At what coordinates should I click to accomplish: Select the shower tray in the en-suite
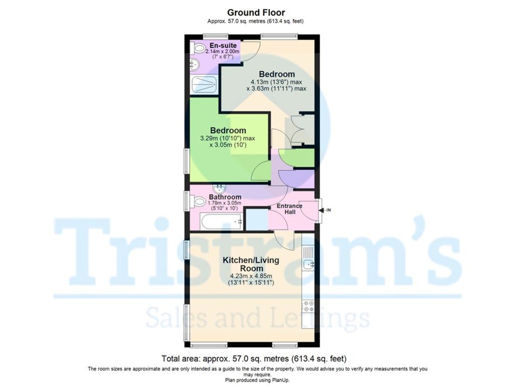click(203, 84)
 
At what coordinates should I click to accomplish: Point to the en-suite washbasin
click(194, 65)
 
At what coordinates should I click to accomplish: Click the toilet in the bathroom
click(198, 201)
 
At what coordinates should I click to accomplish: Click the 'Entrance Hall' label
click(289, 209)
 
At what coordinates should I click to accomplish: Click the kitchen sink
click(308, 264)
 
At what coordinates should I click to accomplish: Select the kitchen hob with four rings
click(308, 306)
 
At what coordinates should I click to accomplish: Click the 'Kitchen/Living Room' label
click(251, 264)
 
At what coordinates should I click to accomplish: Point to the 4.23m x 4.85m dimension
click(251, 276)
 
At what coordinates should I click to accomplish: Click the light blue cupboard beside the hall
click(257, 219)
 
